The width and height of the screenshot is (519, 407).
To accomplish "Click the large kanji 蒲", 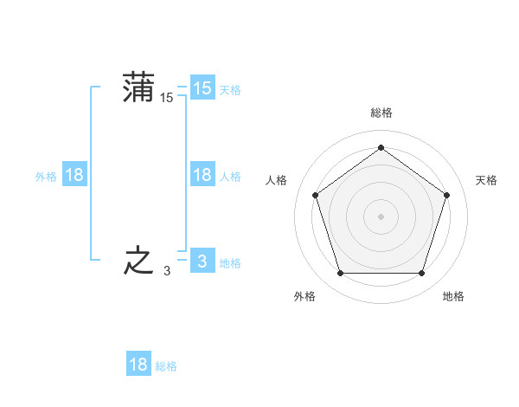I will (139, 87).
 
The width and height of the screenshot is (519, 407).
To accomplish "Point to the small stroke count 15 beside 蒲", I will (167, 99).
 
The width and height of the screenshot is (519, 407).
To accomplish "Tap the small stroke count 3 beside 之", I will (167, 271).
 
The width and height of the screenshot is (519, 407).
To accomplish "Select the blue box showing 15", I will (202, 88).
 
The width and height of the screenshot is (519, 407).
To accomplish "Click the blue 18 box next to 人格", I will (202, 175).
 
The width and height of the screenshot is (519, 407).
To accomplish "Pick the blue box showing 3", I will (202, 262).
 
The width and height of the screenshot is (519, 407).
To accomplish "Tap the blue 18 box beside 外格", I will (74, 175).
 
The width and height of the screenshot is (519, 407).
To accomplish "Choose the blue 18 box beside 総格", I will (138, 365).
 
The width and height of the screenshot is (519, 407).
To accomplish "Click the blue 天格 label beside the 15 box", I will (230, 90).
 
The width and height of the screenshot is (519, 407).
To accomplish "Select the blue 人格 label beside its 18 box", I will (230, 177).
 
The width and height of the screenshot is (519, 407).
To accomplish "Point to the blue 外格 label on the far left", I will (46, 177).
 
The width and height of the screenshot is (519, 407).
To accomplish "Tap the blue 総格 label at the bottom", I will (166, 366).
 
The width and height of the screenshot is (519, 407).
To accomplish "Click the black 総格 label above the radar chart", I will (381, 113).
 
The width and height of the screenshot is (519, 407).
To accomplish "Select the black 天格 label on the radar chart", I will (486, 180).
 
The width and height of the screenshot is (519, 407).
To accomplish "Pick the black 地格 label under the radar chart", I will (453, 296).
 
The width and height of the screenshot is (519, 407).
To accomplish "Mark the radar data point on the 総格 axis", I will (381, 148).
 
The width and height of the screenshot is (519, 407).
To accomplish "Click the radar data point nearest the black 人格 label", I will (316, 195).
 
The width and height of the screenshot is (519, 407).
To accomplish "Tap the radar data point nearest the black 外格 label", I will (340, 273).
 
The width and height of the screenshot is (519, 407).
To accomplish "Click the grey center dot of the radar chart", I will (381, 216).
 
